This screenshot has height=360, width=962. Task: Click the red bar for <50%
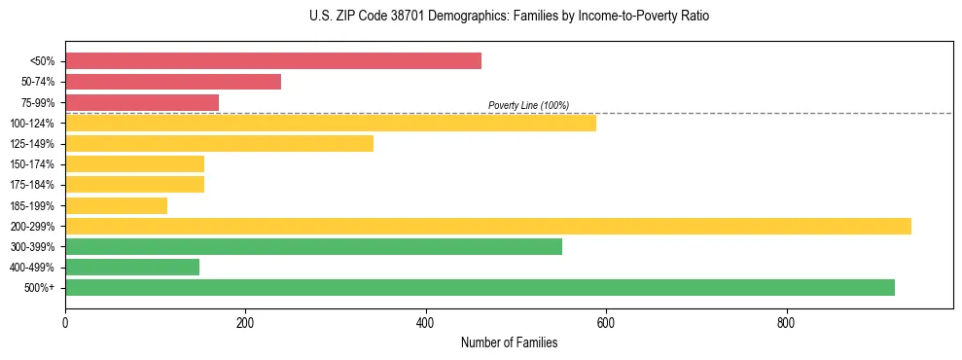(273, 61)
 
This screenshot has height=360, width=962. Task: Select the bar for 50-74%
(173, 82)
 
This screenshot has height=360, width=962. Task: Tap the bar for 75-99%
(142, 102)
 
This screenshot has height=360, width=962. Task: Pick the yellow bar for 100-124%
(331, 123)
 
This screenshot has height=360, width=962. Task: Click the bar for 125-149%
(219, 144)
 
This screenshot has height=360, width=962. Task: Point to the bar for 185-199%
(116, 205)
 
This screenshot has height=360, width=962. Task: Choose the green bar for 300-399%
(313, 246)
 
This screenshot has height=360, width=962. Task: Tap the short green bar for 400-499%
(132, 267)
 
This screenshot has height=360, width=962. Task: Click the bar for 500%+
(480, 287)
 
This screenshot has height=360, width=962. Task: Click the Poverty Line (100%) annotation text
(528, 105)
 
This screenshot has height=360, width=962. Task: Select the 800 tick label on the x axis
(786, 322)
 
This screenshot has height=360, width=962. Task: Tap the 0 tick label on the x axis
(65, 322)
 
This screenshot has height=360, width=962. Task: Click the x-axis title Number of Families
(509, 342)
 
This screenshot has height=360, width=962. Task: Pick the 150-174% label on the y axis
(32, 164)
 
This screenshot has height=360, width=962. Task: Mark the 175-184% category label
(32, 185)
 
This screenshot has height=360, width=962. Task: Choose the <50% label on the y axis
(42, 61)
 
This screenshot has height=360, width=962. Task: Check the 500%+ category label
(40, 288)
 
